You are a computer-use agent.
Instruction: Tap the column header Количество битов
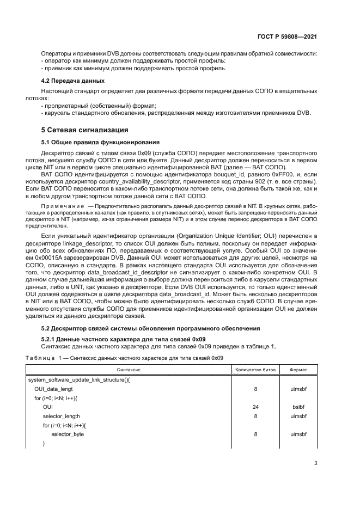(x=255, y=370)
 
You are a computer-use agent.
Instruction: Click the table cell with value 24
(x=255, y=406)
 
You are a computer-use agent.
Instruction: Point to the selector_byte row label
(x=68, y=434)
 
